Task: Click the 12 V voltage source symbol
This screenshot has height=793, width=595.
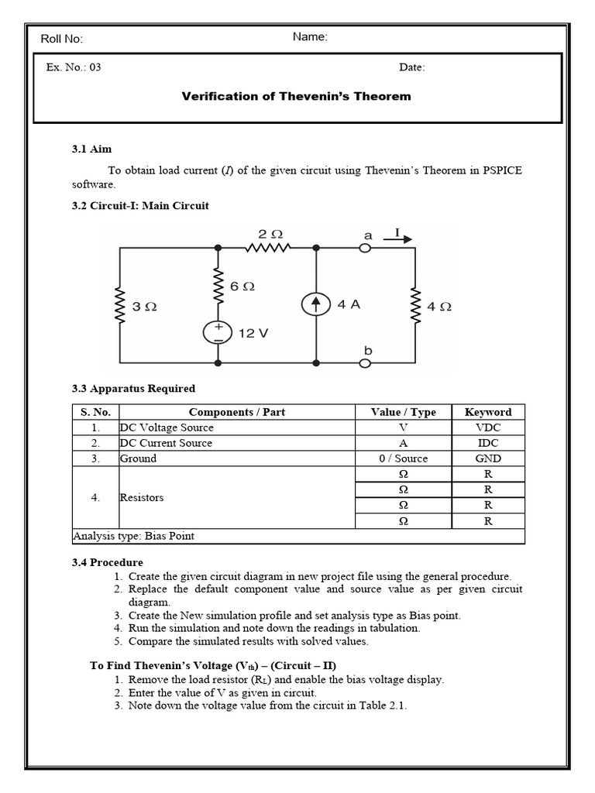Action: (218, 333)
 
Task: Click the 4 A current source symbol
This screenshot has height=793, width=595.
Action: (316, 304)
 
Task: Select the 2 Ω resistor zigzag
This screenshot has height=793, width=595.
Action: (268, 248)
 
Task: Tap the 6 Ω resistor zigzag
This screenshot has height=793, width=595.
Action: (218, 287)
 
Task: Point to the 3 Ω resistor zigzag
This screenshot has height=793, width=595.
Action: (119, 306)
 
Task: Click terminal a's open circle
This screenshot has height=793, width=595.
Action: (366, 248)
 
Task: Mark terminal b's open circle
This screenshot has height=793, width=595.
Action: (366, 362)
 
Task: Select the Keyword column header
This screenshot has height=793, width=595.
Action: (487, 412)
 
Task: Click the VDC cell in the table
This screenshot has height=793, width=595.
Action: (487, 427)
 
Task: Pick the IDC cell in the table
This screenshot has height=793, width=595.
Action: (487, 443)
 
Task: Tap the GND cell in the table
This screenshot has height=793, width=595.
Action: (487, 458)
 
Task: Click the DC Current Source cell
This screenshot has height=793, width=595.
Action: (166, 443)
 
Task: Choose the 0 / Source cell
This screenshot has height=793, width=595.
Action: (403, 458)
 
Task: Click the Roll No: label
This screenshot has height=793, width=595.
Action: (62, 39)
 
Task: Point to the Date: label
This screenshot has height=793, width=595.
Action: (412, 67)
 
